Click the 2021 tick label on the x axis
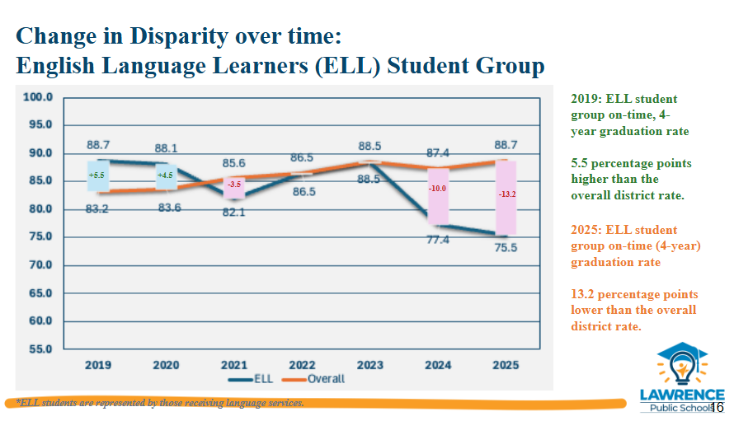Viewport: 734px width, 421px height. (234, 365)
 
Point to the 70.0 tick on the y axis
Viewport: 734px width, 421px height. (40, 264)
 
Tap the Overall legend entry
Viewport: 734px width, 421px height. (313, 379)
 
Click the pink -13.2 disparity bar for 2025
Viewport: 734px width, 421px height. (506, 198)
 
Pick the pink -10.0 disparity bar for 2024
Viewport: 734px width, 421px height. (438, 196)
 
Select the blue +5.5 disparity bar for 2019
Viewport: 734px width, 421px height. (98, 175)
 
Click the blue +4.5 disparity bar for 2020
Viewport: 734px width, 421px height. (166, 177)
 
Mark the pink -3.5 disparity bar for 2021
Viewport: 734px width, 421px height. (234, 188)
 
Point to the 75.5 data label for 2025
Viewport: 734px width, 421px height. (506, 247)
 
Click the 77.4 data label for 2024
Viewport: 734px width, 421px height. (438, 240)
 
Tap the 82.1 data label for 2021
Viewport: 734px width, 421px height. (233, 213)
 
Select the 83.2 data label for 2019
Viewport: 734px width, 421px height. (96, 208)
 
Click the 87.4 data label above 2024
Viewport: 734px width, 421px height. (438, 153)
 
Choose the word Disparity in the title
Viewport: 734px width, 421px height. (179, 36)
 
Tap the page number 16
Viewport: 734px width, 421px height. (717, 408)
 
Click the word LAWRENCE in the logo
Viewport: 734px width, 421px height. (682, 395)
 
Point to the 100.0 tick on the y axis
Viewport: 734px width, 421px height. (38, 97)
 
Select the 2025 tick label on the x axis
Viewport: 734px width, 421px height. (506, 365)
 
